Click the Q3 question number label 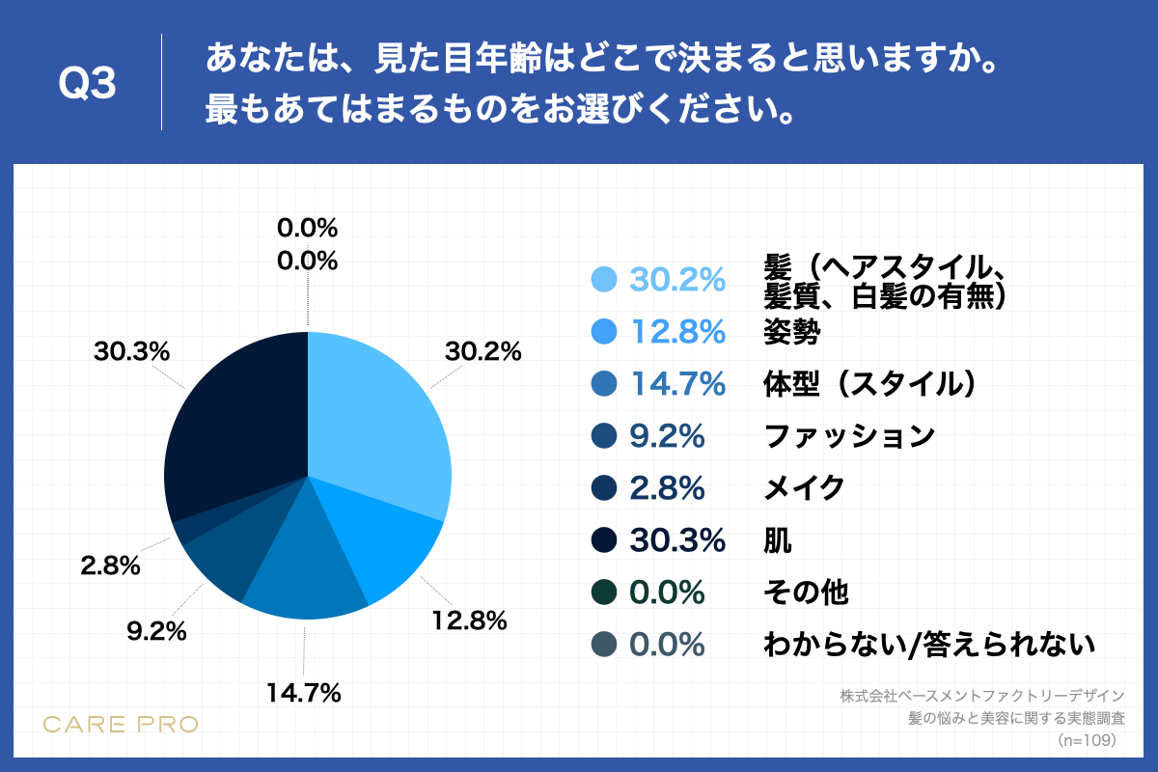point(88,85)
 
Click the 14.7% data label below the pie point(304,692)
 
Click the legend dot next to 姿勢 point(603,332)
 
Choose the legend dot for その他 point(603,592)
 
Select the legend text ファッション point(849,436)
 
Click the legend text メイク point(804,488)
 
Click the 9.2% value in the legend point(667,436)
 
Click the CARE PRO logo point(121,724)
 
